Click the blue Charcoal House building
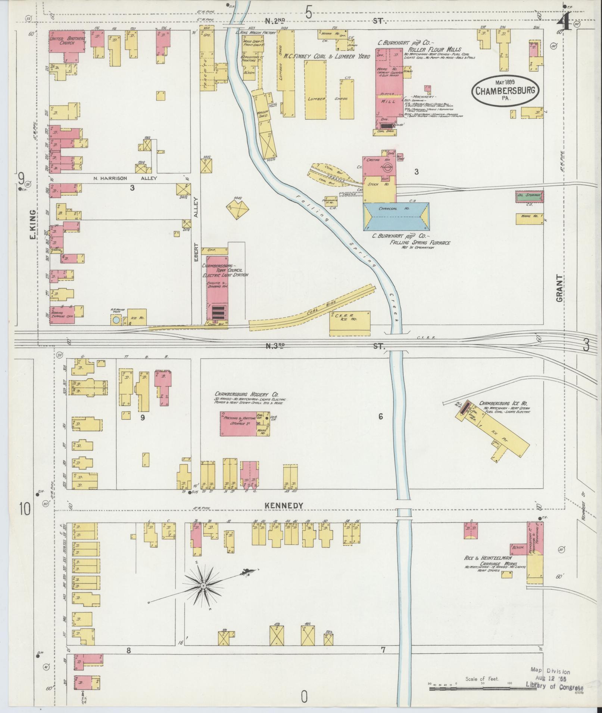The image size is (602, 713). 396,217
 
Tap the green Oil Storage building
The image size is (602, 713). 529,196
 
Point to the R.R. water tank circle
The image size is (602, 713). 116,320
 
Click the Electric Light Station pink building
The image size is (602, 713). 217,287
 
